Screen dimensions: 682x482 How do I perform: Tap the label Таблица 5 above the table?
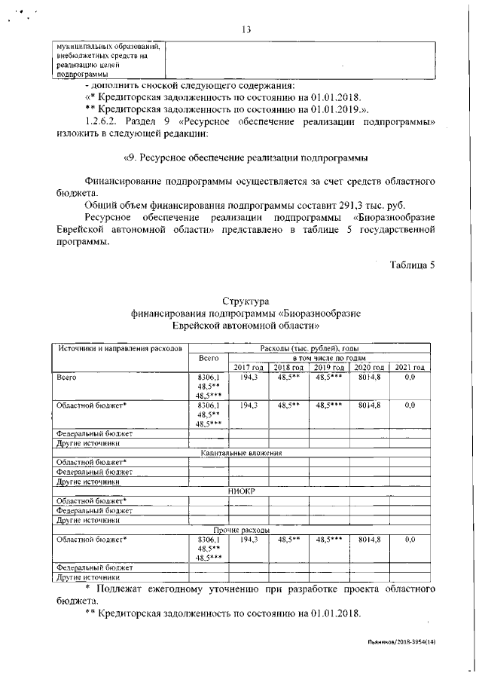(412, 265)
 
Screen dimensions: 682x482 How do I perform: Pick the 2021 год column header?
(410, 367)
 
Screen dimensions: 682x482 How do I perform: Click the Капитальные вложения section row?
(241, 453)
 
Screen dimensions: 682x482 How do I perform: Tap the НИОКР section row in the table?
(242, 491)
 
